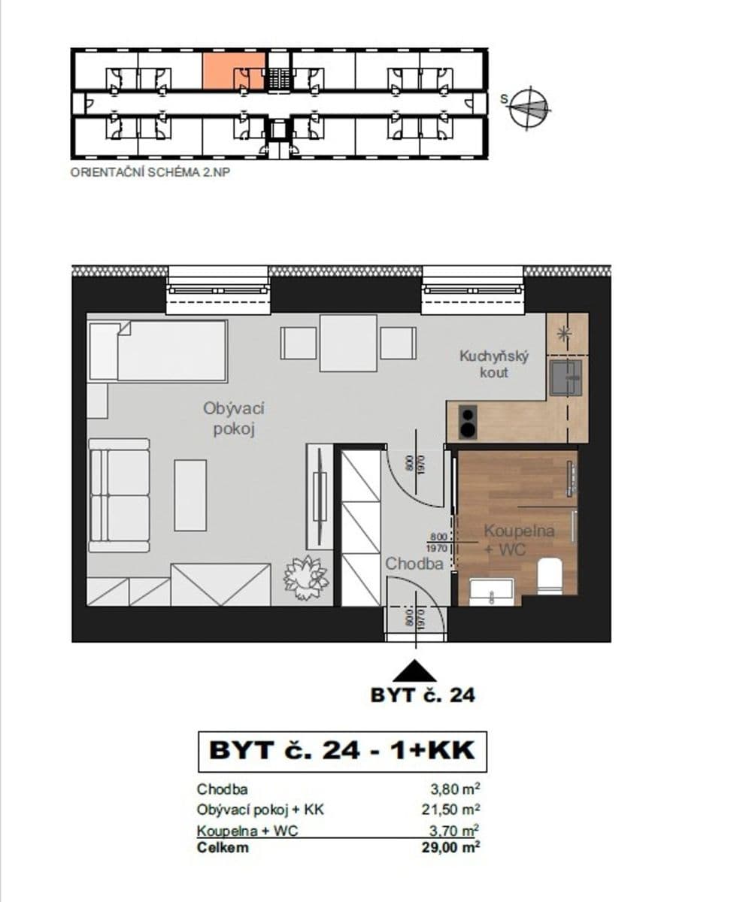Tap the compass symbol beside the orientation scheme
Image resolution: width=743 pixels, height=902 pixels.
click(529, 107)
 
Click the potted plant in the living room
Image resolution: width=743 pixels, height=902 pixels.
click(305, 577)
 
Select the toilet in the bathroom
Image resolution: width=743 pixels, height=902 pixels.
click(550, 577)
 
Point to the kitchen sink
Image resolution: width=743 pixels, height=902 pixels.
click(565, 377)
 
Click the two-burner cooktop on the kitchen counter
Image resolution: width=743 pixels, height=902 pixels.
click(468, 422)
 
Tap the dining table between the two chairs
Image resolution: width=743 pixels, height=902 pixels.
click(348, 343)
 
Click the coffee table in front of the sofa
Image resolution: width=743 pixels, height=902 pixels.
click(190, 495)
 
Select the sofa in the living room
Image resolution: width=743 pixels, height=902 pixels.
click(119, 495)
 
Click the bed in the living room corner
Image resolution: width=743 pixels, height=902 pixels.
click(158, 351)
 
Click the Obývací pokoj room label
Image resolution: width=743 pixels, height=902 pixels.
click(233, 419)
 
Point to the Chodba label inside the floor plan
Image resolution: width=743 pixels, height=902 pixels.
click(414, 563)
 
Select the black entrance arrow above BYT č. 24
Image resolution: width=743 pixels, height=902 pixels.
click(414, 670)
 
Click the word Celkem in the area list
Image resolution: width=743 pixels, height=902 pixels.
click(223, 847)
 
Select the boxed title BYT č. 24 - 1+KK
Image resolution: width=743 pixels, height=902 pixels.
click(342, 751)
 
